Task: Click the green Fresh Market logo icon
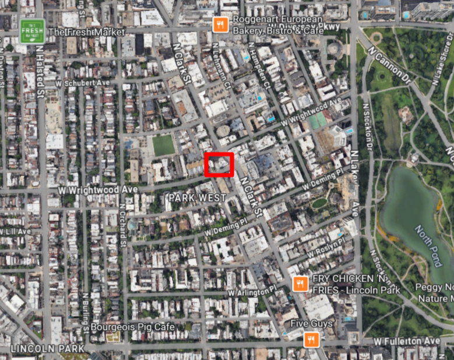tap(32, 31)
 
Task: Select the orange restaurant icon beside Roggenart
tap(220, 24)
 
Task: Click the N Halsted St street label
tap(40, 79)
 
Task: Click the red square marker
tap(219, 164)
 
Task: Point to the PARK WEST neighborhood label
tap(197, 198)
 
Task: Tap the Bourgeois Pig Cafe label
tap(132, 327)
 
